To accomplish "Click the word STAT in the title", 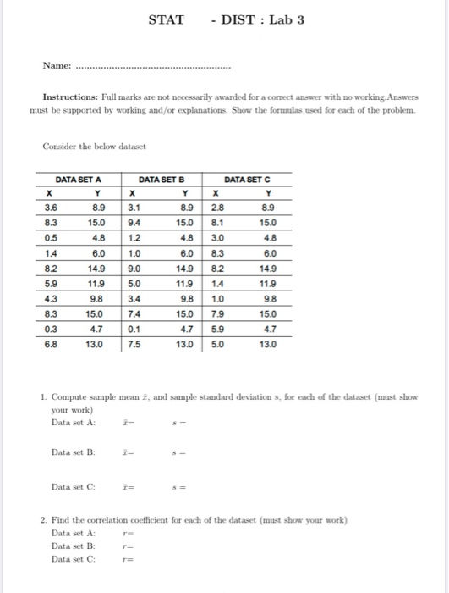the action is point(166,19).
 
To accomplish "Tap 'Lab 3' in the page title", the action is point(287,19).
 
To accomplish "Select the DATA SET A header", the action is point(78,179).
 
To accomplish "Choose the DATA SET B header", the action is point(162,179).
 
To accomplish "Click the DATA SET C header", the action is point(249,179).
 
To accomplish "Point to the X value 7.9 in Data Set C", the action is point(217,313).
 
